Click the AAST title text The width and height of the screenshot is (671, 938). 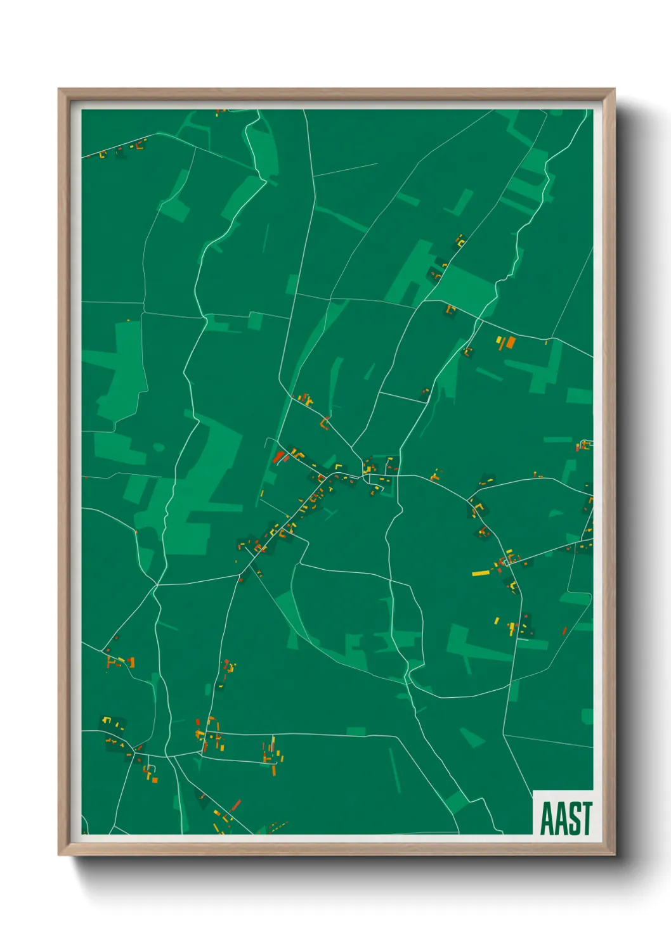pyautogui.click(x=566, y=818)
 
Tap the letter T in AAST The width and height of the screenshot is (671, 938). pyautogui.click(x=587, y=818)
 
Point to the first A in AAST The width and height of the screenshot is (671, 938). pyautogui.click(x=546, y=818)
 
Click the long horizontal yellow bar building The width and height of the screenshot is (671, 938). pyautogui.click(x=481, y=574)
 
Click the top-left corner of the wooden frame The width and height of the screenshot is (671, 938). pyautogui.click(x=59, y=90)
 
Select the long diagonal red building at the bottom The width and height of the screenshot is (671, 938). pyautogui.click(x=236, y=806)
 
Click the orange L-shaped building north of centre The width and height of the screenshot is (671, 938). pyautogui.click(x=324, y=423)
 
